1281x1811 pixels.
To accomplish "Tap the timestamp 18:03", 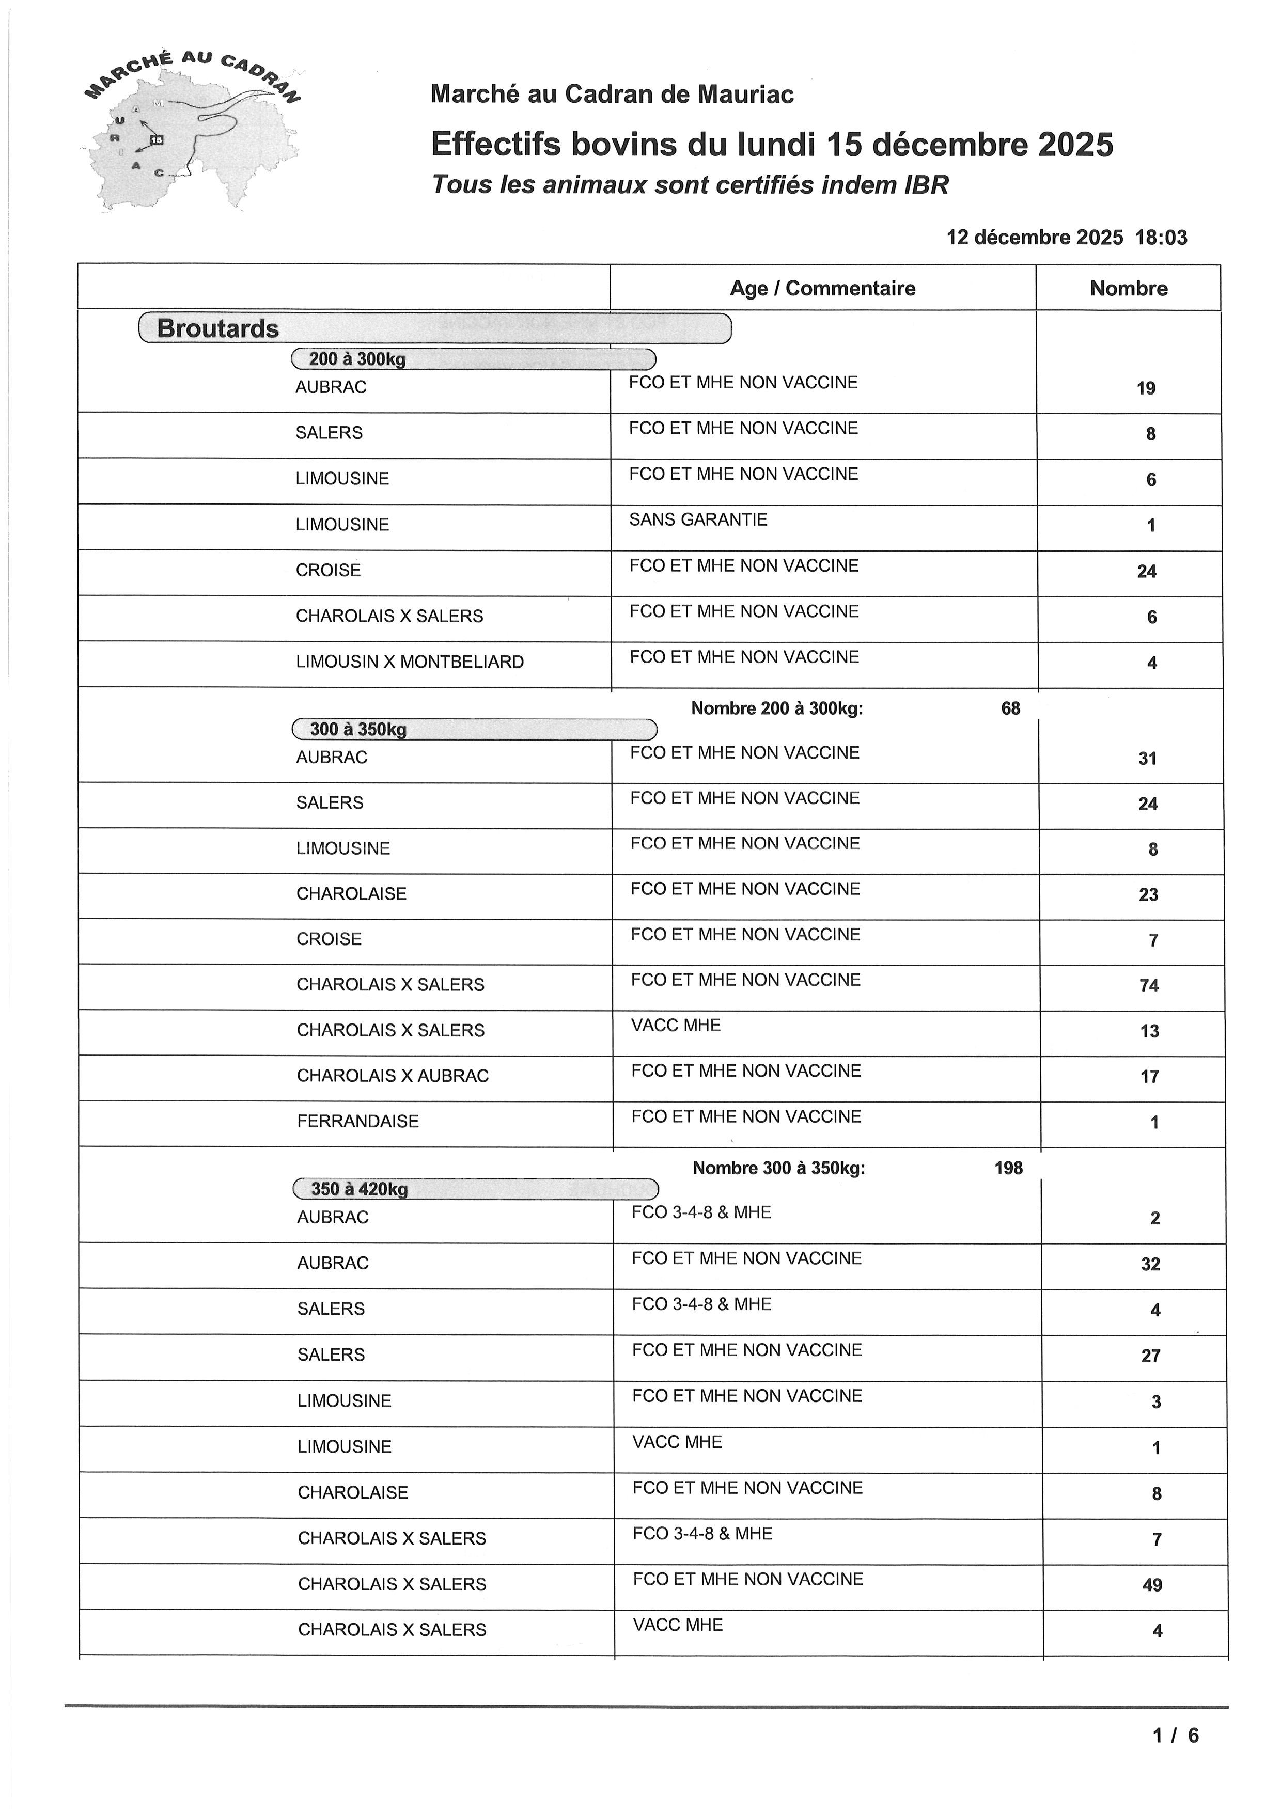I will [1161, 238].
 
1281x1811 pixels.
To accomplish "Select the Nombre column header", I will [1128, 288].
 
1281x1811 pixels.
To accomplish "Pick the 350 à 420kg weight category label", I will [359, 1189].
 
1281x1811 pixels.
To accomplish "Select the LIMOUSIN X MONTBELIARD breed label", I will [410, 662].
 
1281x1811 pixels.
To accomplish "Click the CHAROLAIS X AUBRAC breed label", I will [393, 1076].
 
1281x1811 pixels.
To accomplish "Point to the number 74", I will [1149, 986].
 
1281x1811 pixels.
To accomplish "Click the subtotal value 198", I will [1008, 1168].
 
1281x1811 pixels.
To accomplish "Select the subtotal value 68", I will [1010, 708].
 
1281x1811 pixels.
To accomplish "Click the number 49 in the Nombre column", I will [1152, 1585].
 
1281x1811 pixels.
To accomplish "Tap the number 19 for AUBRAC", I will [1146, 388].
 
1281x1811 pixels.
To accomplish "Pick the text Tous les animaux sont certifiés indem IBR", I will [690, 184].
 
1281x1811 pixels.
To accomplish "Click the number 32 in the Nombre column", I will [1151, 1264].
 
